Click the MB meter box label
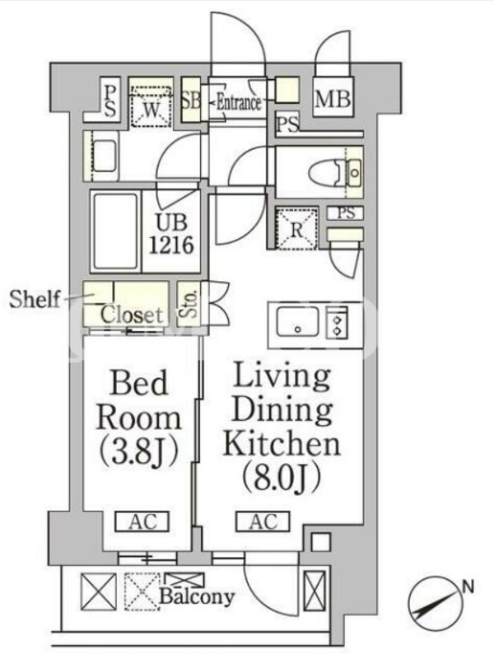pyautogui.click(x=333, y=99)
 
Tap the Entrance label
pyautogui.click(x=239, y=102)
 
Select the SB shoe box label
pyautogui.click(x=191, y=100)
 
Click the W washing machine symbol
pyautogui.click(x=151, y=106)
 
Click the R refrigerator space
pyautogui.click(x=296, y=229)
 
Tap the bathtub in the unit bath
pyautogui.click(x=115, y=231)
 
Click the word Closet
pyautogui.click(x=132, y=315)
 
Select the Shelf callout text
pyautogui.click(x=35, y=299)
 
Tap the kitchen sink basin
pyautogui.click(x=298, y=321)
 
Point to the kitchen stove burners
pyautogui.click(x=337, y=321)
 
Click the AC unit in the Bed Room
pyautogui.click(x=142, y=521)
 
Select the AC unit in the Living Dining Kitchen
pyautogui.click(x=263, y=521)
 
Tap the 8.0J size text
pyautogui.click(x=282, y=478)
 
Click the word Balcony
pyautogui.click(x=197, y=596)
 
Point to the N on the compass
pyautogui.click(x=468, y=587)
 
